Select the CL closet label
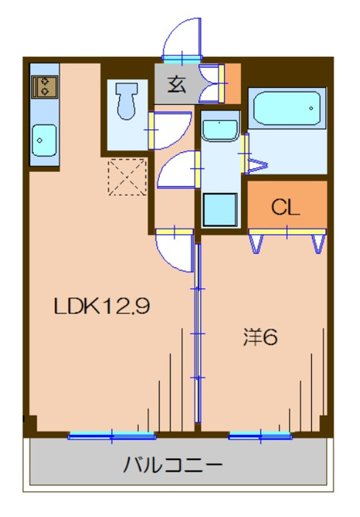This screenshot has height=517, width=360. [x=285, y=208]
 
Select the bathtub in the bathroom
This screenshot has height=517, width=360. [x=287, y=109]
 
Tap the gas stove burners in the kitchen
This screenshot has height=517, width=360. [x=44, y=86]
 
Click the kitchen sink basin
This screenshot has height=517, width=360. [x=44, y=137]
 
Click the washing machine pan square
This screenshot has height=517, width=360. [x=220, y=208]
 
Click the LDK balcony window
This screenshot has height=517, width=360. [x=112, y=436]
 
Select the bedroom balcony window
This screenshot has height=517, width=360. [x=261, y=436]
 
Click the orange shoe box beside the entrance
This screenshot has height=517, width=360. [x=232, y=83]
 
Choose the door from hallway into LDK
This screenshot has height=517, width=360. [x=174, y=250]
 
